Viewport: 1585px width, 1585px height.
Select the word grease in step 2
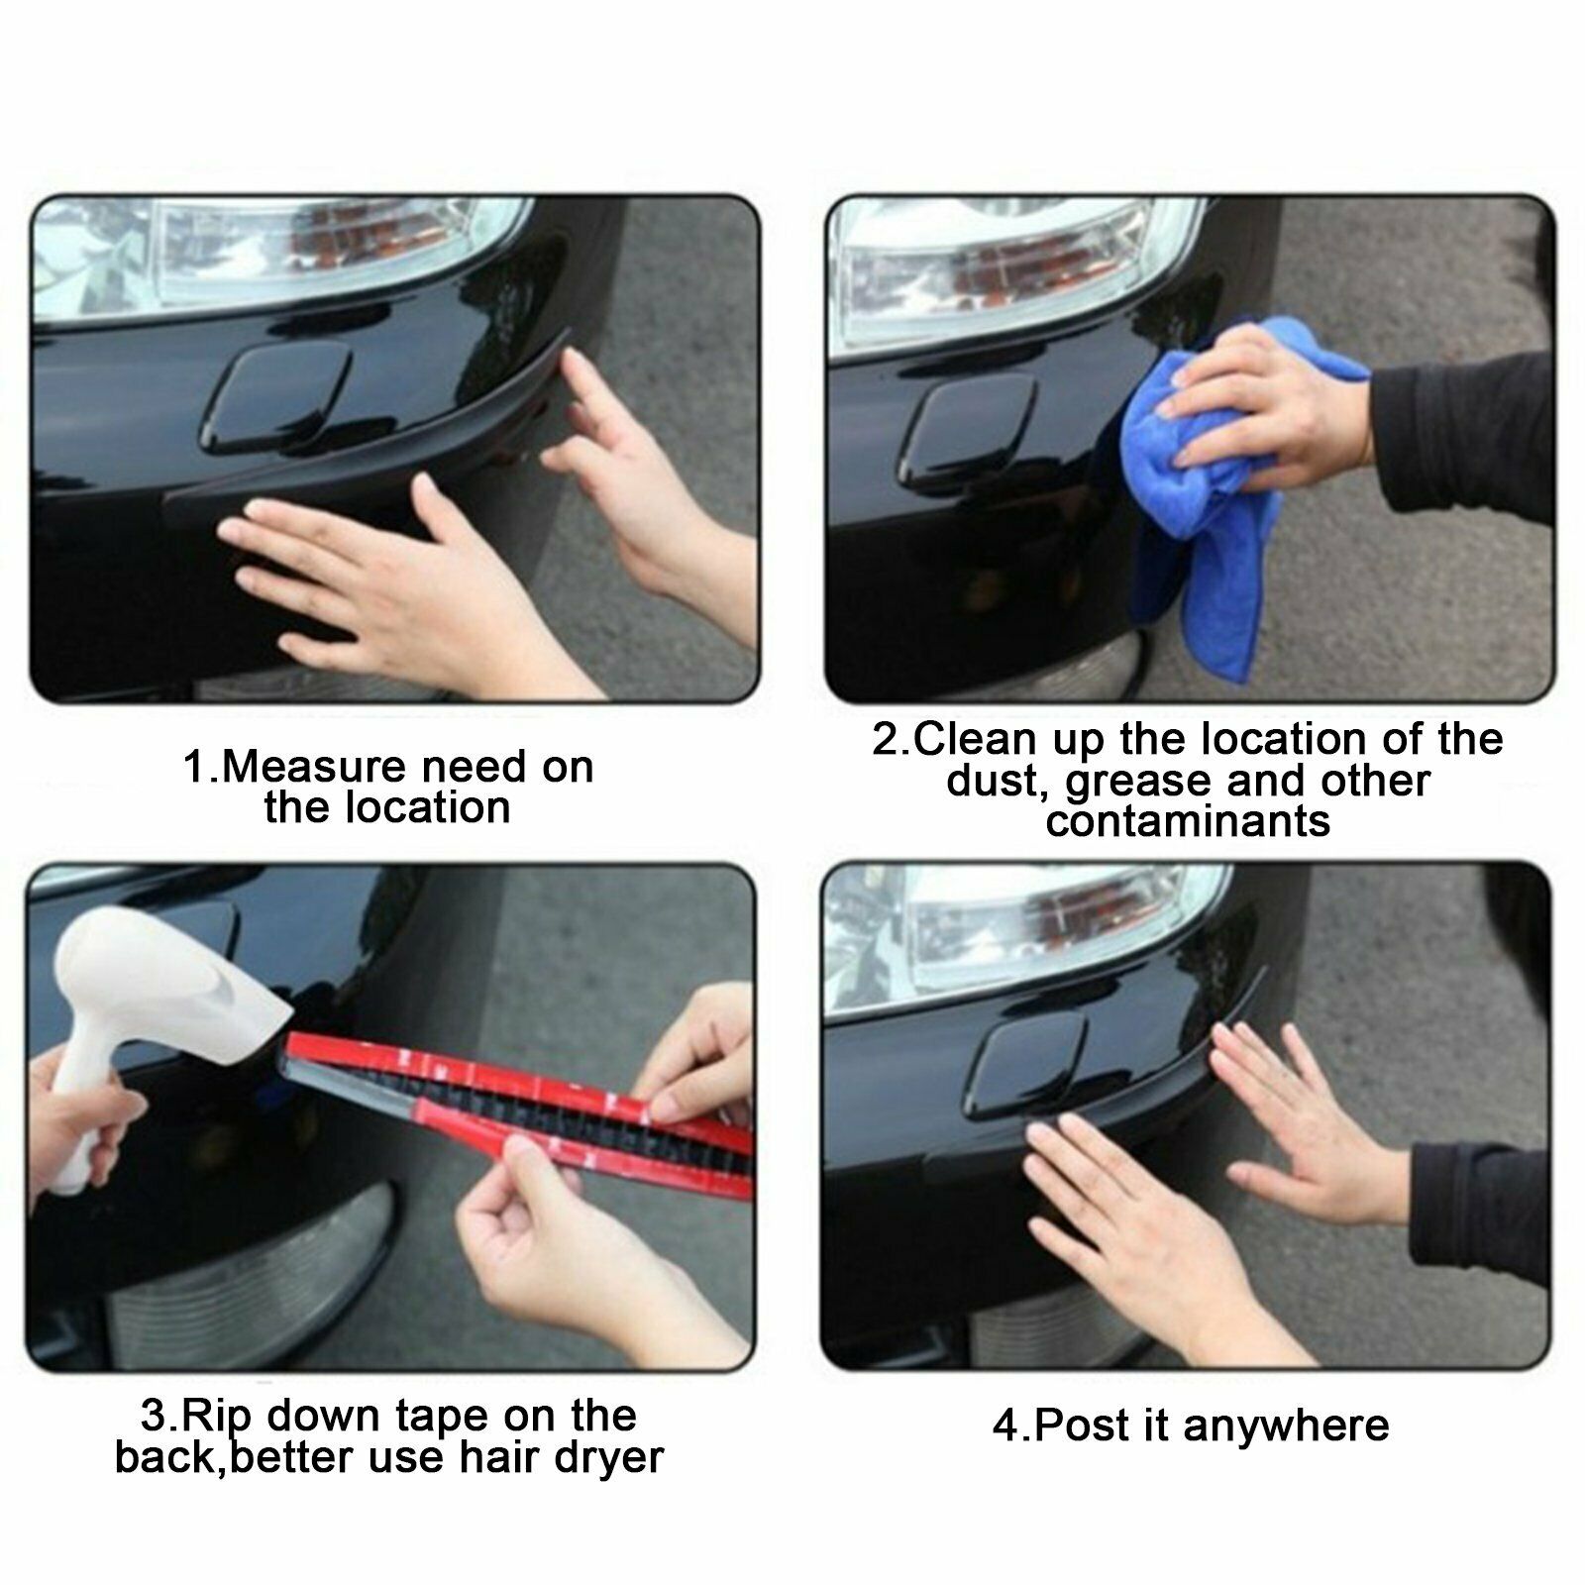(x=1139, y=783)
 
